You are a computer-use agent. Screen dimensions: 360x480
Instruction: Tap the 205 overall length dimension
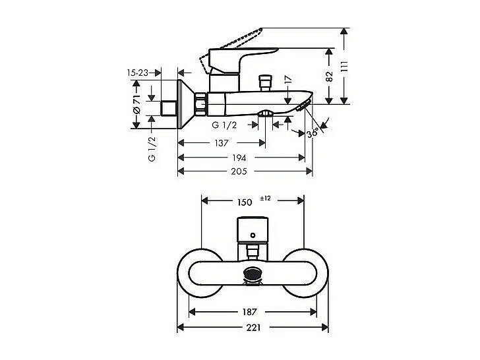coord(239,171)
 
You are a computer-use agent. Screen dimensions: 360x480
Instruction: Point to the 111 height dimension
coord(354,66)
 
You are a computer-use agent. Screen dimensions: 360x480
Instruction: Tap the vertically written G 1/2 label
coord(151,150)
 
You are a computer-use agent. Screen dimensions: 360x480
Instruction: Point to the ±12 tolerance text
coord(266,198)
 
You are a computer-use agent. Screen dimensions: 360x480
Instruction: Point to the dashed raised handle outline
coord(237,40)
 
